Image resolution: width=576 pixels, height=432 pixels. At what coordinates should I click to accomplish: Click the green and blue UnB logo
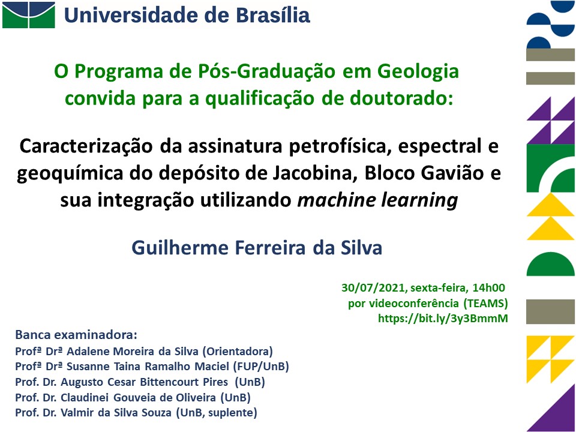(x=29, y=15)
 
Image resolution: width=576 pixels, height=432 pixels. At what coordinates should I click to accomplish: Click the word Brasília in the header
(x=272, y=15)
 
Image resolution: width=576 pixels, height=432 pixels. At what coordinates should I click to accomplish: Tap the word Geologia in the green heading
(x=418, y=71)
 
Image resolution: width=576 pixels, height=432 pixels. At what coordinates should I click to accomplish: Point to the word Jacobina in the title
(x=316, y=173)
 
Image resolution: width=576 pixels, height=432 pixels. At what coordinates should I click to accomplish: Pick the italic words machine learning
(x=377, y=200)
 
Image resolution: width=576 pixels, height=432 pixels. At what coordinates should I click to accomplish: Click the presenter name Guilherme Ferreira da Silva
(x=257, y=248)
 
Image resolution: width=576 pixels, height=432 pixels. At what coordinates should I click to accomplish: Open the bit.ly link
(x=443, y=318)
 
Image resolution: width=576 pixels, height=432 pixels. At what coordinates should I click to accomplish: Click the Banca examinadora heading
(x=76, y=335)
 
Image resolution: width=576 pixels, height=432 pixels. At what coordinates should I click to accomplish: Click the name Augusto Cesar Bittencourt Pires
(x=145, y=382)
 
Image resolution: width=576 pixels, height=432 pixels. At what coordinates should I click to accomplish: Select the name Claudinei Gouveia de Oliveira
(x=138, y=397)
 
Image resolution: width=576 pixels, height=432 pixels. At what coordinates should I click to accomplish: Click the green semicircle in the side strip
(x=550, y=264)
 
